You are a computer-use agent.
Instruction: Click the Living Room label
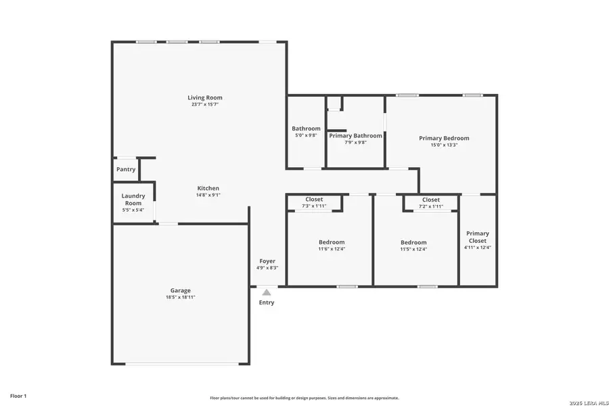click(x=204, y=97)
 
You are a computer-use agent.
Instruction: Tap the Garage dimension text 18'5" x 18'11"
click(x=180, y=297)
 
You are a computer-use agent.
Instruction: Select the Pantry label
click(x=126, y=169)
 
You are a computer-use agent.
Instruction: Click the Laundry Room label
click(x=133, y=200)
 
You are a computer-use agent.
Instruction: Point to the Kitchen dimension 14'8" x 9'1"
click(x=208, y=195)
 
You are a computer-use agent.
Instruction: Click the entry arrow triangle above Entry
click(x=267, y=292)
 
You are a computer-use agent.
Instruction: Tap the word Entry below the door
click(x=267, y=302)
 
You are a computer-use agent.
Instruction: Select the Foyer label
click(x=267, y=261)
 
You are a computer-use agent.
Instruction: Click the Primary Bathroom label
click(x=355, y=135)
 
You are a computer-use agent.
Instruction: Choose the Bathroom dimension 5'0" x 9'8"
click(x=306, y=135)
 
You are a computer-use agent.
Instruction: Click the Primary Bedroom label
click(x=443, y=138)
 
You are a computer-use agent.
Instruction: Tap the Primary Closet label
click(x=477, y=237)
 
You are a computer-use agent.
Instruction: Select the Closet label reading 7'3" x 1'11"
click(x=314, y=206)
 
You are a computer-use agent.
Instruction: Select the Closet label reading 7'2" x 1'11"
click(x=430, y=206)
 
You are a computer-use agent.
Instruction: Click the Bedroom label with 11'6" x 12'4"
click(x=332, y=242)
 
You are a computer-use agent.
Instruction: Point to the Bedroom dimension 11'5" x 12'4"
click(x=413, y=249)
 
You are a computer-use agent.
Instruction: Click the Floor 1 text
click(x=18, y=395)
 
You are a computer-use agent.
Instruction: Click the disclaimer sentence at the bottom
click(x=304, y=398)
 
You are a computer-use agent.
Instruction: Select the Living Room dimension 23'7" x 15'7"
click(x=204, y=104)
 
